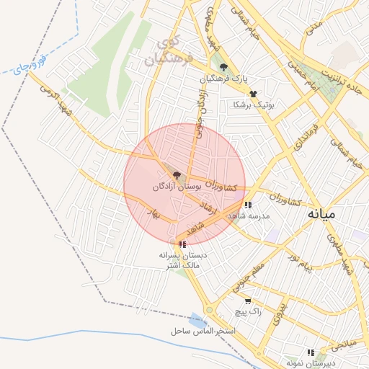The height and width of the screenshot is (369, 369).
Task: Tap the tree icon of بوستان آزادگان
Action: [x=177, y=174]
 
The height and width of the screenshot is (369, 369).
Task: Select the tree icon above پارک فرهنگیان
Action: [x=223, y=67]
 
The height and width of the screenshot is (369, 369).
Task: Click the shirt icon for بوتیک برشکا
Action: [x=253, y=94]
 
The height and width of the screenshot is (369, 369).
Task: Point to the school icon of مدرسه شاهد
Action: [x=248, y=205]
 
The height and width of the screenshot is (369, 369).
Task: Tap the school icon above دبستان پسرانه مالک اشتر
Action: [x=182, y=244]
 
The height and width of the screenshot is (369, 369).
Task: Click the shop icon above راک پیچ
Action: [x=248, y=301]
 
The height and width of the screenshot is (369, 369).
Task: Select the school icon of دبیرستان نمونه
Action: [x=311, y=352]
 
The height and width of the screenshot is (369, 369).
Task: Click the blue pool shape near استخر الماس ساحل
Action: [x=197, y=320]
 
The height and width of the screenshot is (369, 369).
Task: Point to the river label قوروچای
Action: [x=30, y=67]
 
